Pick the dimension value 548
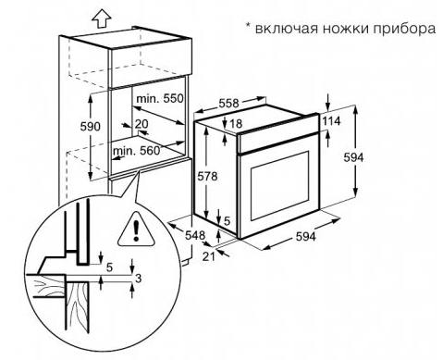pos(194,235)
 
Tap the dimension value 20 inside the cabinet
pos(141,124)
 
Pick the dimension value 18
pos(237,124)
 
